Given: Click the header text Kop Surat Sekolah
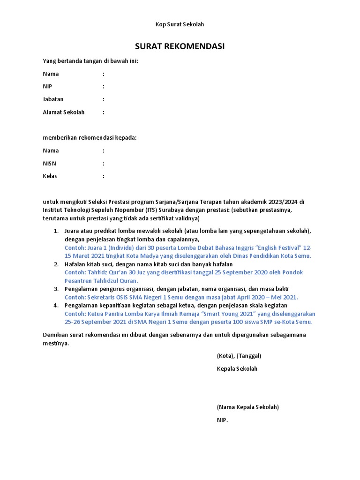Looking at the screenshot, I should click(180, 24).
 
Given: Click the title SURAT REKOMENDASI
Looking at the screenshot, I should click(180, 46).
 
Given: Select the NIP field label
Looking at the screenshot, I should click(48, 87).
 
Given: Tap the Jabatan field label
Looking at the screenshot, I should click(53, 99).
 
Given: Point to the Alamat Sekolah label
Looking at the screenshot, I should click(64, 112).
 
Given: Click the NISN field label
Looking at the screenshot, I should click(50, 164).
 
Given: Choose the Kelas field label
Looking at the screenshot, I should click(50, 176).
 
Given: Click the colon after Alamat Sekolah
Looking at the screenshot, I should click(104, 112).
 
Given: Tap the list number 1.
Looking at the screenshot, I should click(56, 232).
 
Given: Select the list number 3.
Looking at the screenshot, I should click(56, 289).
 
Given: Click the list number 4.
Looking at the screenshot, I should click(56, 305).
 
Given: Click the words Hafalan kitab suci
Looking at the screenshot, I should click(87, 264).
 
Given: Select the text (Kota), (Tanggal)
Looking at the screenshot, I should click(239, 356).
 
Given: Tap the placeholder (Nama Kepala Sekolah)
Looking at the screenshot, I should click(247, 407).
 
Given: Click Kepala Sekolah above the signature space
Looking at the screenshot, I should click(237, 369).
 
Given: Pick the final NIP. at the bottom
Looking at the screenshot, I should click(222, 420).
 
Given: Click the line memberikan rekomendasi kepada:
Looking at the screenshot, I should click(90, 138).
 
